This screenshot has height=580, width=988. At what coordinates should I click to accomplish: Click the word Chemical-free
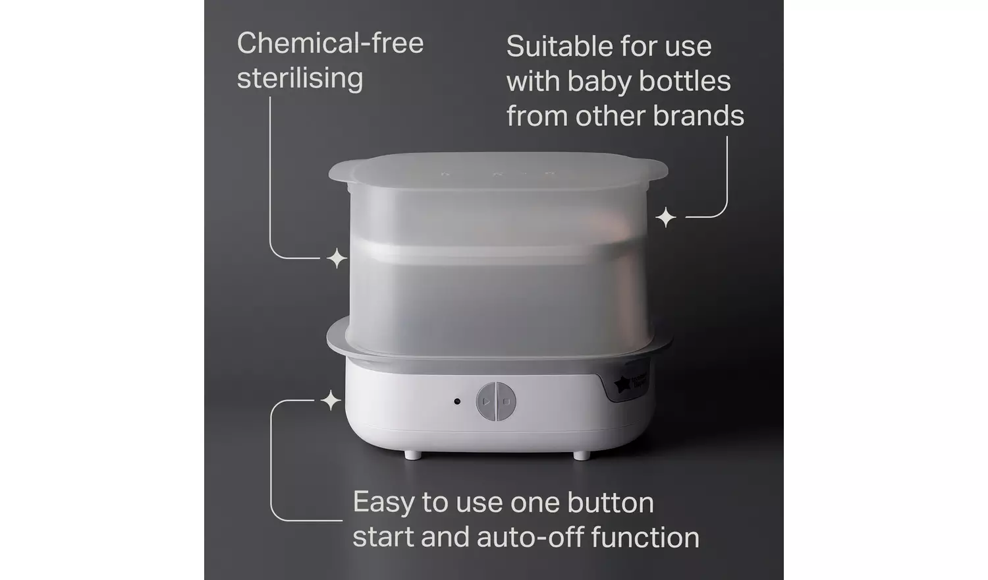click(330, 43)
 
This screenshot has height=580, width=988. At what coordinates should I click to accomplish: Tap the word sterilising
click(300, 78)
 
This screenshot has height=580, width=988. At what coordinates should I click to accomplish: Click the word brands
click(699, 116)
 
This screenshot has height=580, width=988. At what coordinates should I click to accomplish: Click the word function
click(645, 537)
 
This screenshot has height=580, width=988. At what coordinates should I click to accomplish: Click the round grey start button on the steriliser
click(496, 401)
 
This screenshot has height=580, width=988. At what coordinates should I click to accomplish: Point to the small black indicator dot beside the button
click(457, 401)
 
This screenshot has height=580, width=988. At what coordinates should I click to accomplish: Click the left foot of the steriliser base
click(412, 455)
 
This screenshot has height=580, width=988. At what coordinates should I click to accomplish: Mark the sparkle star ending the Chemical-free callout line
click(337, 258)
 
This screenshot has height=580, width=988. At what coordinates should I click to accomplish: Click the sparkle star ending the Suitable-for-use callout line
click(666, 217)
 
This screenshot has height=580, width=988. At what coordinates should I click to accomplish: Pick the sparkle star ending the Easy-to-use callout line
click(331, 400)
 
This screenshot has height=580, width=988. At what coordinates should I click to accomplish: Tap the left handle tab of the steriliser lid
click(341, 173)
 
